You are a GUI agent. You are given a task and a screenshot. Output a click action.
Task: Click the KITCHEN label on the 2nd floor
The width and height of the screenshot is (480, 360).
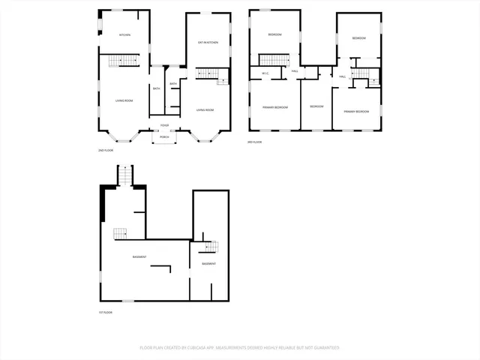tap(124, 35)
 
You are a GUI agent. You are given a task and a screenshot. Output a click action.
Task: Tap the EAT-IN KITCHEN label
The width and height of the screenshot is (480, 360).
tap(208, 42)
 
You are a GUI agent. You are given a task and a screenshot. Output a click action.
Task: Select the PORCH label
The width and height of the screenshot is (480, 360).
tap(164, 137)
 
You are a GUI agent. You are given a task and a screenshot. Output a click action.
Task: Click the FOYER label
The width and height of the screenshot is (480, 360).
tap(164, 125)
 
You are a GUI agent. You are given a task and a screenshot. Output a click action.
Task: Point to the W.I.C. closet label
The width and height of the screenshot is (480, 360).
tap(265, 73)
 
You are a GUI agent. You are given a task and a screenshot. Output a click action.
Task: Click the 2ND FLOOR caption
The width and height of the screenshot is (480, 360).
tap(105, 150)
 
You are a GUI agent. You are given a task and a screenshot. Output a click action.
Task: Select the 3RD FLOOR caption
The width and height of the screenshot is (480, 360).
tap(255, 142)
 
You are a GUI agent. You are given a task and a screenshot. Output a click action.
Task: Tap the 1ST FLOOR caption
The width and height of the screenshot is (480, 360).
tap(105, 312)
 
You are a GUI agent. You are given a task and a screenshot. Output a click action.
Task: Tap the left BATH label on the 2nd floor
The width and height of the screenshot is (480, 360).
tap(156, 89)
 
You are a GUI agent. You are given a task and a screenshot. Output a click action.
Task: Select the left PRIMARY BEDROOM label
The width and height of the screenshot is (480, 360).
tap(275, 107)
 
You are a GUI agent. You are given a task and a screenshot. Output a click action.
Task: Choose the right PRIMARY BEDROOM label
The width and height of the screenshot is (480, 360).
tap(356, 111)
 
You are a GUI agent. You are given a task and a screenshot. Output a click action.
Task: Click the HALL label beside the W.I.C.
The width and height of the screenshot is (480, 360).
tap(295, 70)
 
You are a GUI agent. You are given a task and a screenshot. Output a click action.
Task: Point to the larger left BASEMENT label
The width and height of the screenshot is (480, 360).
tap(139, 257)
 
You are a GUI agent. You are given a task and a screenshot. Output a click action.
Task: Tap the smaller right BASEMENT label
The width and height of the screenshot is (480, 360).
tap(208, 263)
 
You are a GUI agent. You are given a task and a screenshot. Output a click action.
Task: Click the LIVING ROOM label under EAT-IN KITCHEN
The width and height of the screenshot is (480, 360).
tap(206, 109)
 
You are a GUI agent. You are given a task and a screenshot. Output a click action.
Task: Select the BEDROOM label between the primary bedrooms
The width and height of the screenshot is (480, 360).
tap(316, 106)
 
